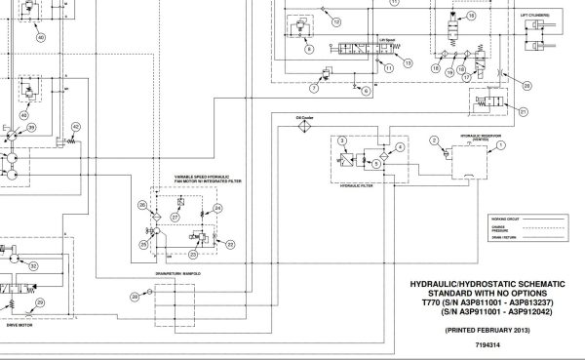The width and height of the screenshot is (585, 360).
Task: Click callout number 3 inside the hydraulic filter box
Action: [340, 141]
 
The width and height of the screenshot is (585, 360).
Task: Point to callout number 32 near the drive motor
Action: [35, 265]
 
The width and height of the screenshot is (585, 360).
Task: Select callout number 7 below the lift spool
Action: [313, 89]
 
